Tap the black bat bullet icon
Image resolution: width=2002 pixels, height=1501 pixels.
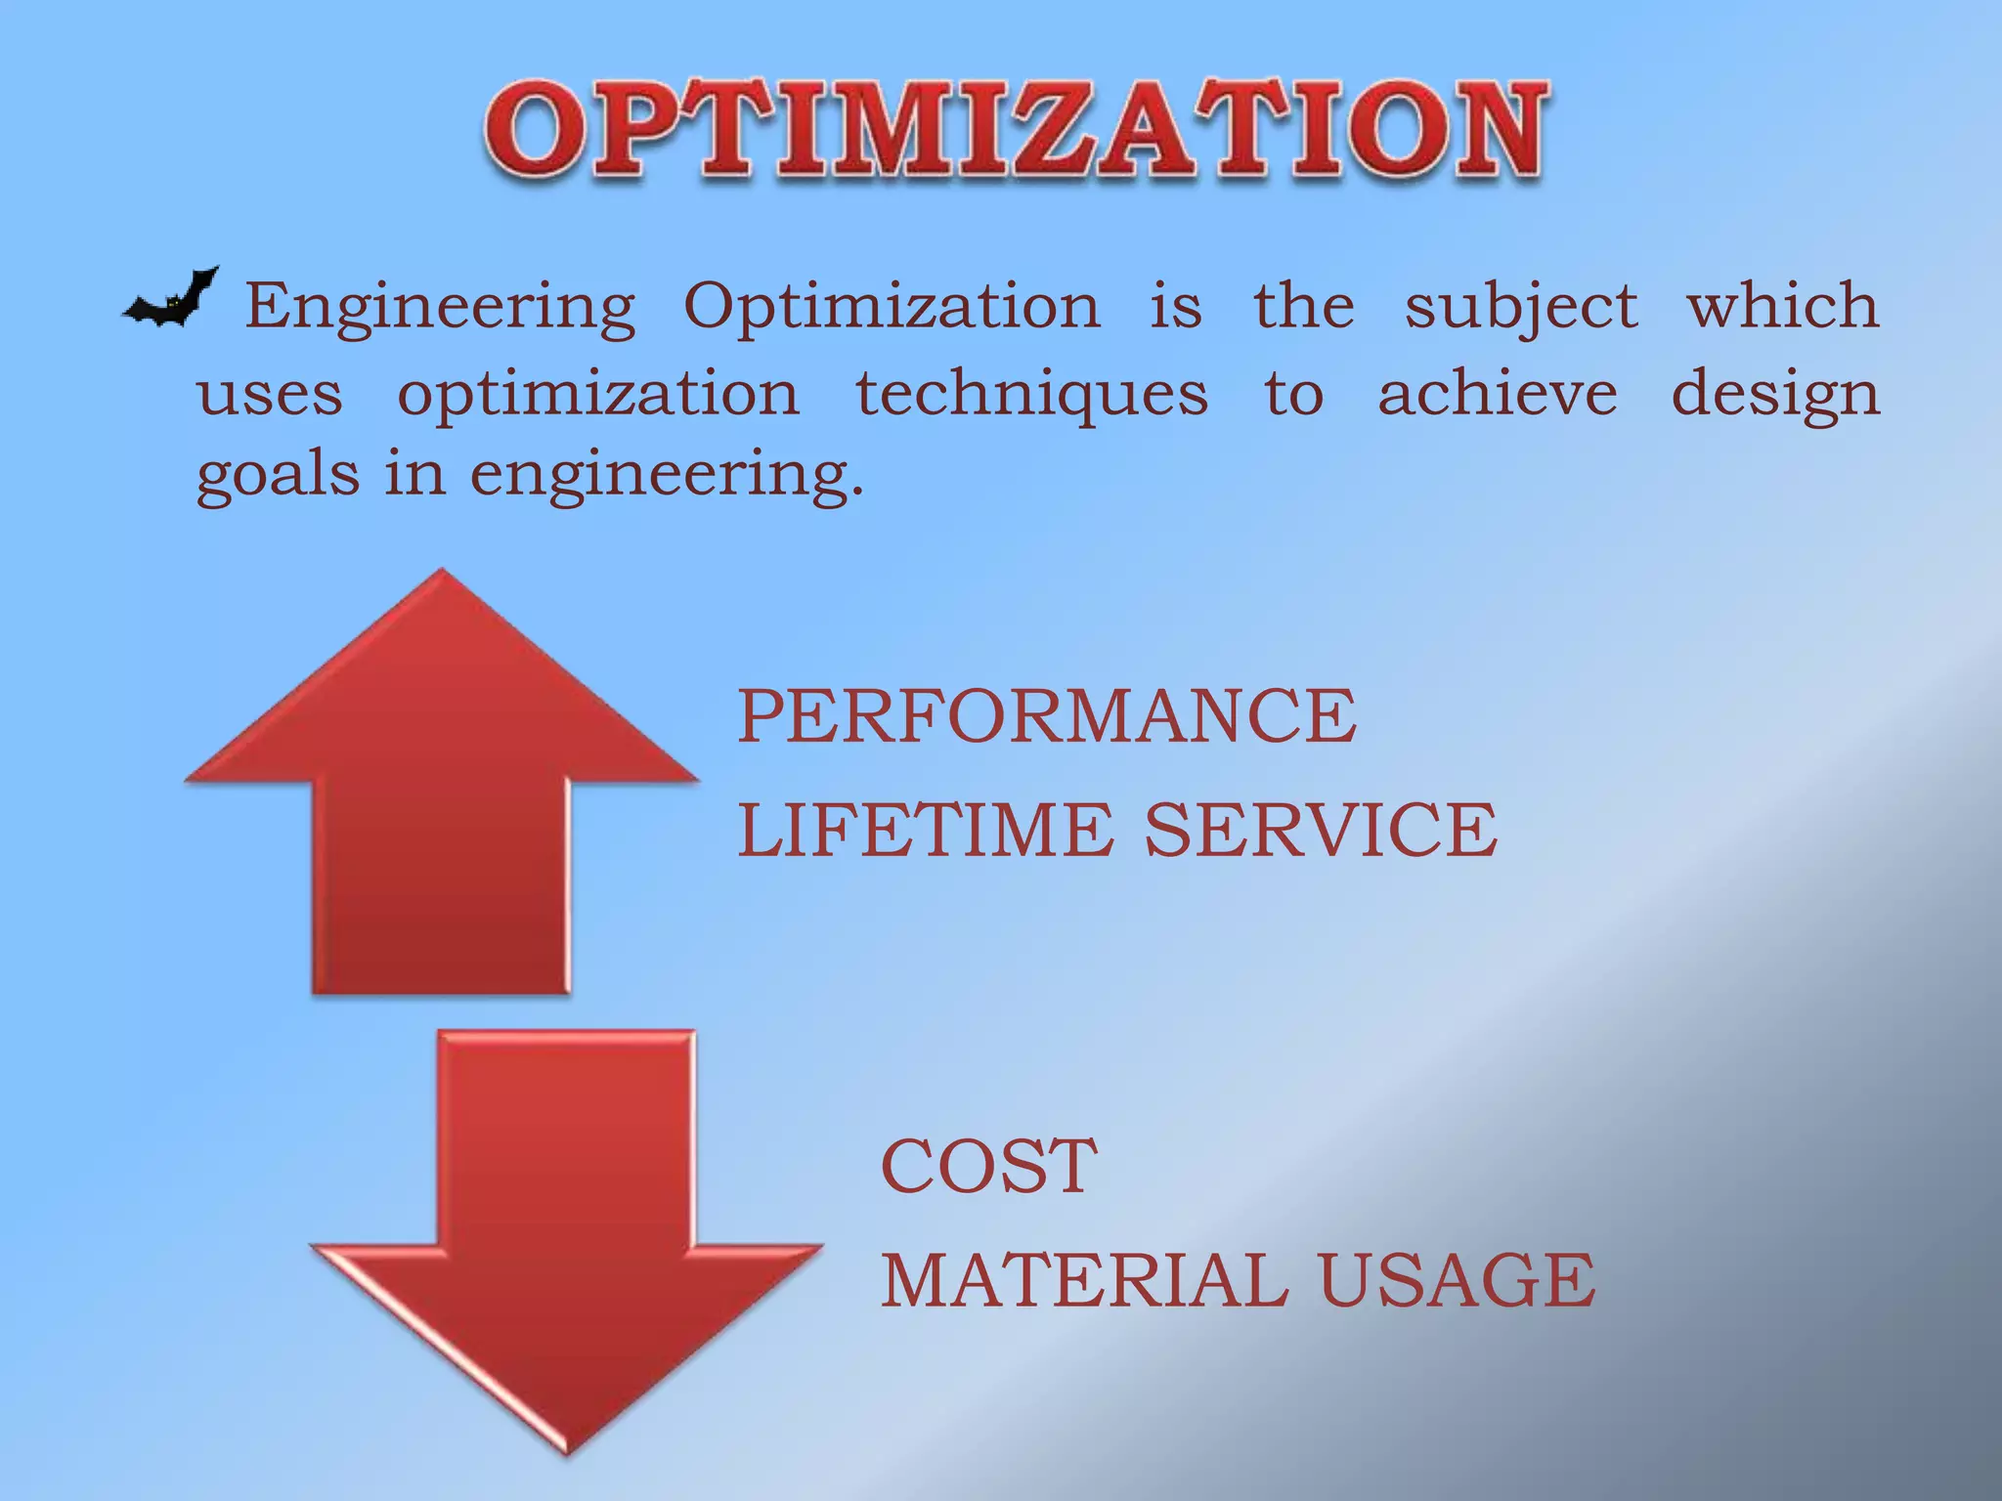pyautogui.click(x=170, y=299)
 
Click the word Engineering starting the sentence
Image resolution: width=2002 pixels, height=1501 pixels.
pyautogui.click(x=440, y=307)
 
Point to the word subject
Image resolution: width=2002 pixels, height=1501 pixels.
pyautogui.click(x=1521, y=307)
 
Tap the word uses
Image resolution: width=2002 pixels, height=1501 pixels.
pyautogui.click(x=270, y=395)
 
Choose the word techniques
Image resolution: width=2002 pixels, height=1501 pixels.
pyautogui.click(x=1032, y=395)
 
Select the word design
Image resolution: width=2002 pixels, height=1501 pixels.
pyautogui.click(x=1776, y=395)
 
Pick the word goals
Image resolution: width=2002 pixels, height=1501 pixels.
pyautogui.click(x=278, y=475)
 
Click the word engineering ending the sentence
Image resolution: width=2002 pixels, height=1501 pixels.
pyautogui.click(x=667, y=475)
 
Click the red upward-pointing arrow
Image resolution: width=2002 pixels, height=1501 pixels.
pyautogui.click(x=442, y=782)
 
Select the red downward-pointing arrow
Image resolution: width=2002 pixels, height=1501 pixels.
pyautogui.click(x=567, y=1241)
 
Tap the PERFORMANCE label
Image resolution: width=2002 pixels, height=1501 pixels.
pyautogui.click(x=1047, y=715)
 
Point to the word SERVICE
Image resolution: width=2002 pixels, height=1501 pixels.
pyautogui.click(x=1321, y=830)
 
